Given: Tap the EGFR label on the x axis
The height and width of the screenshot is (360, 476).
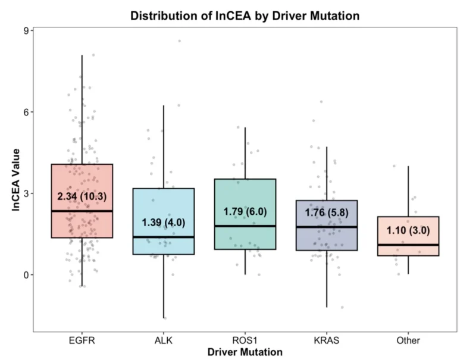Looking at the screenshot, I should [x=82, y=340].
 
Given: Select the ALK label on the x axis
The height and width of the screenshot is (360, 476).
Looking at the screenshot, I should [x=164, y=340].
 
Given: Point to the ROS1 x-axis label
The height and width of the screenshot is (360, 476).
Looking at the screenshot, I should [x=245, y=340].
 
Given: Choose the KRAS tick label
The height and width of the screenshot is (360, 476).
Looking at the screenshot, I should [x=327, y=340].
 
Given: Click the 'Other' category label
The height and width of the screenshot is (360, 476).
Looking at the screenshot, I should [x=408, y=340].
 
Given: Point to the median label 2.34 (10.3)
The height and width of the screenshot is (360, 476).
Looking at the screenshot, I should [x=82, y=196].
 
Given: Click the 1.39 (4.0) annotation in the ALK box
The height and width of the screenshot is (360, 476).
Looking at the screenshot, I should [x=164, y=223].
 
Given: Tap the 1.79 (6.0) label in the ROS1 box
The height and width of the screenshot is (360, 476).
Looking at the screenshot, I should [x=245, y=211].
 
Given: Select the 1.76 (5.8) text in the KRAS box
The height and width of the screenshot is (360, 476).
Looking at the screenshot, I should [x=327, y=212].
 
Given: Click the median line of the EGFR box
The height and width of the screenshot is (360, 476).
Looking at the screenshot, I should [x=82, y=211].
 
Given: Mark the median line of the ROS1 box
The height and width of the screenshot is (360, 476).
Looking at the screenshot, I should [x=245, y=226].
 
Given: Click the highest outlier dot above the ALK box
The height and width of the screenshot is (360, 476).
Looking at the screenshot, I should [x=179, y=41].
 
